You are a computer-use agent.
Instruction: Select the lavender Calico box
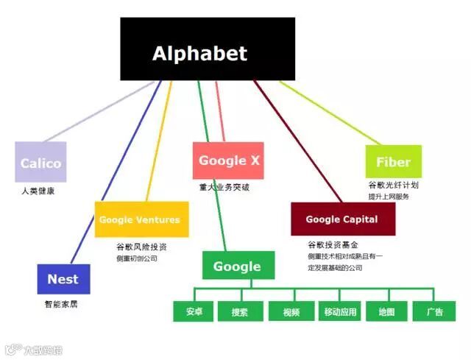(x=40, y=162)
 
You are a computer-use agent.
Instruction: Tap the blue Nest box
(x=63, y=279)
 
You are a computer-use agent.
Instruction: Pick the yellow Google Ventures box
(x=139, y=219)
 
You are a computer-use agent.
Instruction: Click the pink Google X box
(x=228, y=160)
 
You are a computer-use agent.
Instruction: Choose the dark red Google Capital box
(x=342, y=219)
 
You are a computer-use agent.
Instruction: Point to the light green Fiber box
(x=393, y=161)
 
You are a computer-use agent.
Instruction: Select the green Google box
(x=238, y=266)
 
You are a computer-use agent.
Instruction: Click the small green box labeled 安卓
(x=194, y=311)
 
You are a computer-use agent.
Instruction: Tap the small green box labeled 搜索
(x=240, y=311)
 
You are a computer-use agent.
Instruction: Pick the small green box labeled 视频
(x=291, y=311)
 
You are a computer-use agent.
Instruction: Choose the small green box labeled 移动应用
(x=340, y=311)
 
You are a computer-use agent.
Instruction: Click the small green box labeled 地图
(x=387, y=311)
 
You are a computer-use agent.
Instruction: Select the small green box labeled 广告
(x=435, y=311)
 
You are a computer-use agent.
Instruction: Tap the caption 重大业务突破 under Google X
(x=224, y=187)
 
